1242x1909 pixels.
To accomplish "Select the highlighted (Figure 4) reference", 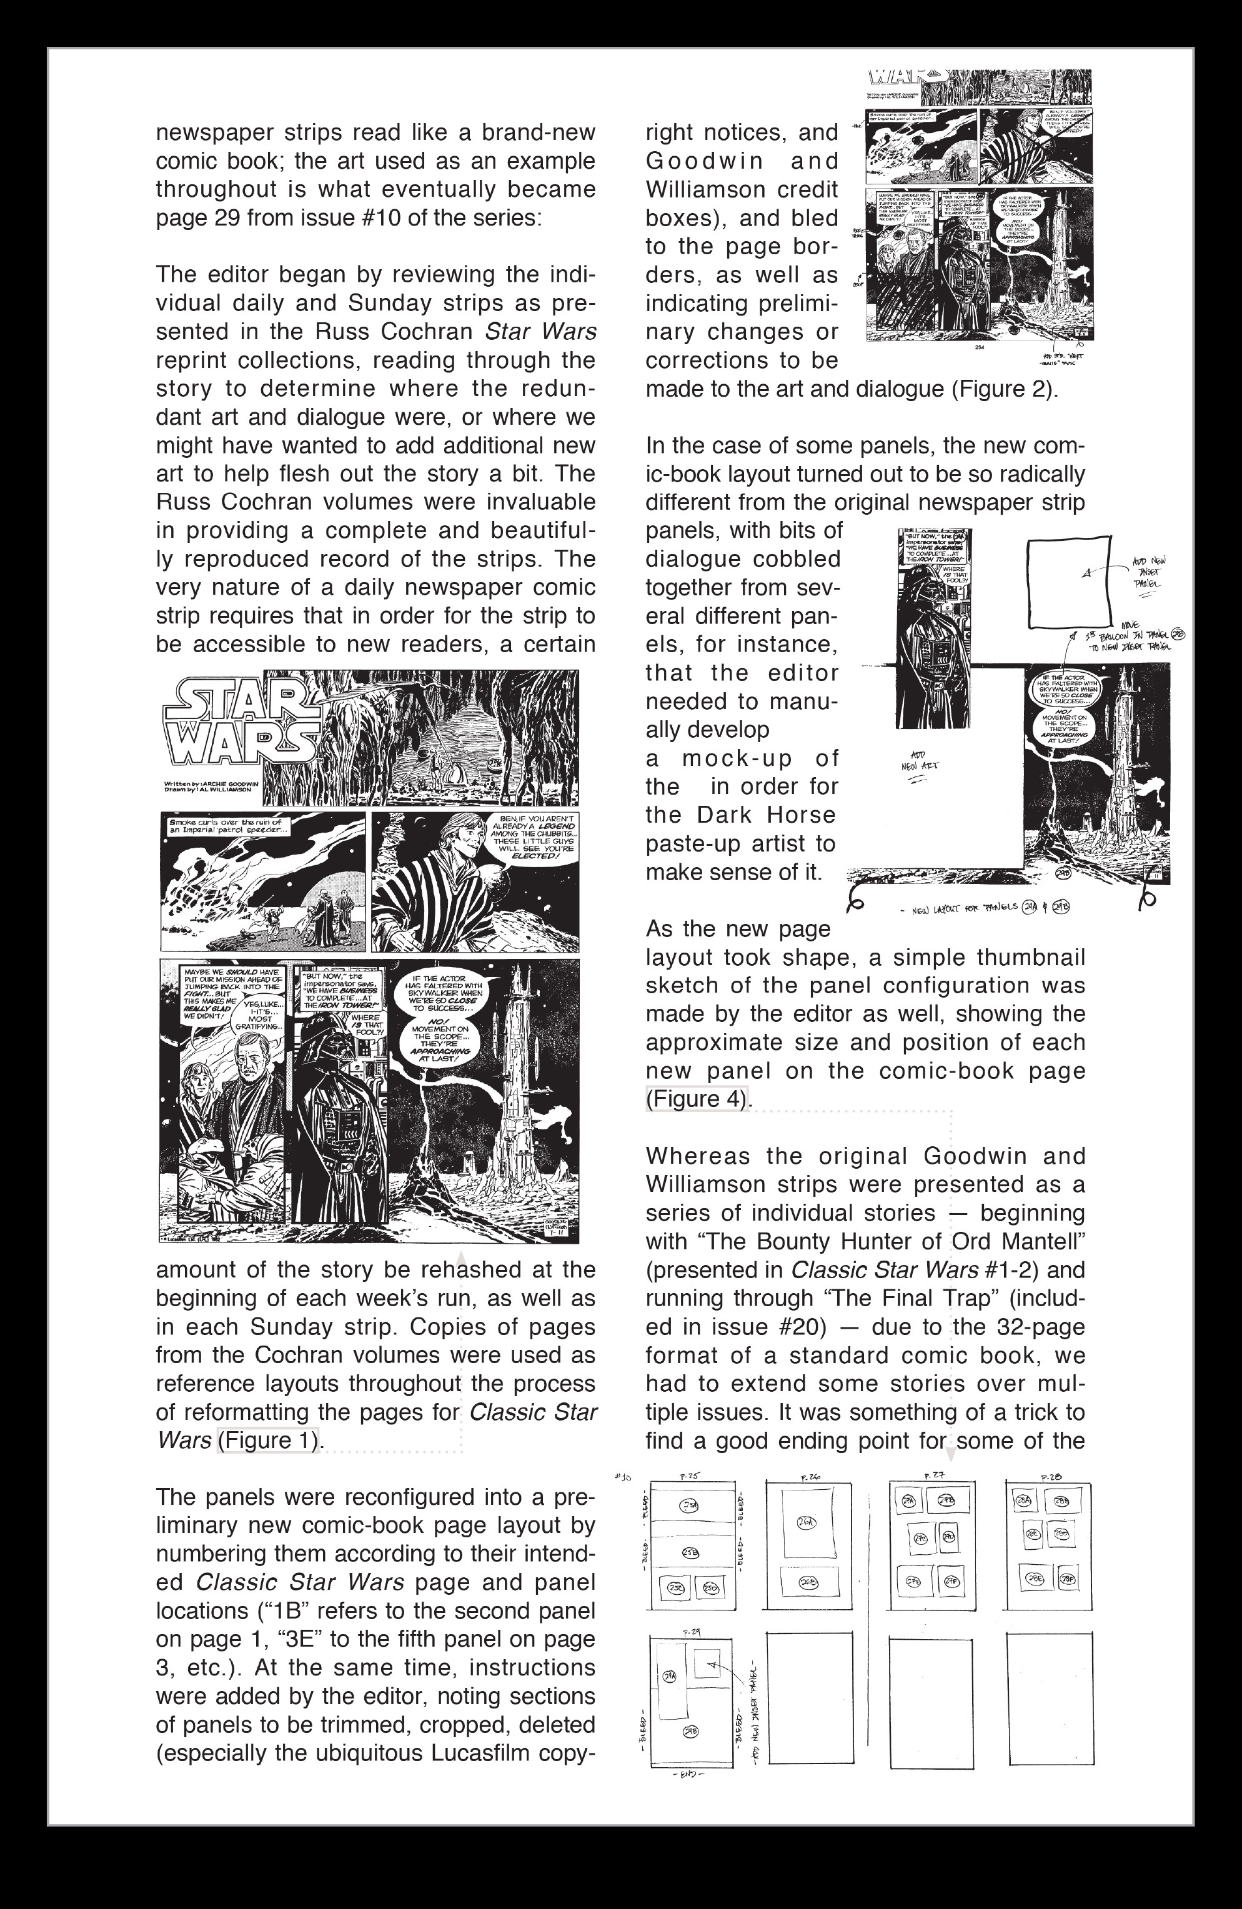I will pos(697,1098).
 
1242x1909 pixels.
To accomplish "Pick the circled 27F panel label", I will pos(951,1580).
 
